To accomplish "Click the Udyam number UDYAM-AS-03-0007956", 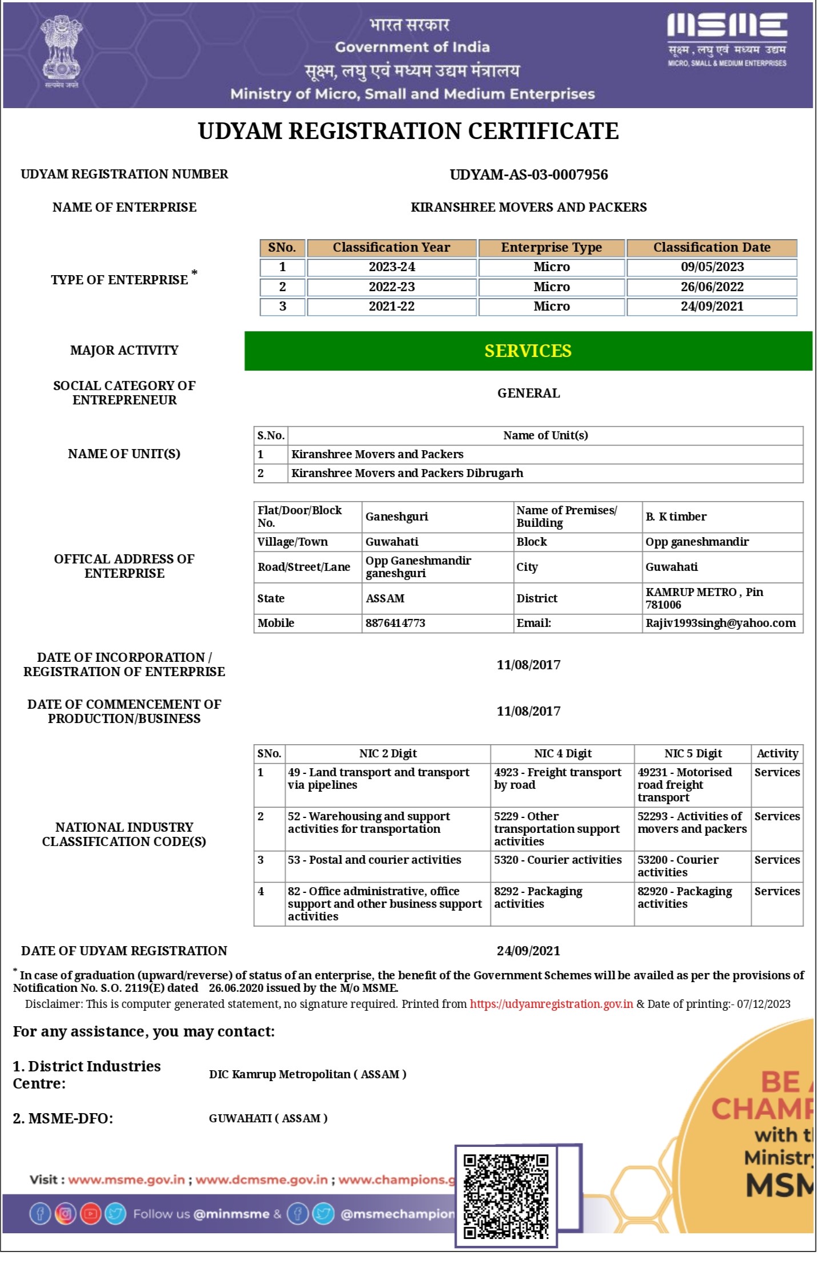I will coord(529,174).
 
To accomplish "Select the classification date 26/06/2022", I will coord(712,287).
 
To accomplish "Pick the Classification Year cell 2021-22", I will coord(391,307).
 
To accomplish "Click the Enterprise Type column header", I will coord(551,248).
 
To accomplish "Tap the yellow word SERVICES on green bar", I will coord(528,351).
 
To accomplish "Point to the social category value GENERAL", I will coord(528,393).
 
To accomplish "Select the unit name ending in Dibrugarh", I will coord(407,473).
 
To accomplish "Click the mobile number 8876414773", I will coord(395,623).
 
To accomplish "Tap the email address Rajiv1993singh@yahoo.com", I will coord(720,623).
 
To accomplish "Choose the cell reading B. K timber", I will coord(676,517).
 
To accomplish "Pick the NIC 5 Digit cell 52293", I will coord(692,823).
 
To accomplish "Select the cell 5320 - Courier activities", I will coord(557,860).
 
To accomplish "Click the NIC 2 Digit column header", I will coord(387,753).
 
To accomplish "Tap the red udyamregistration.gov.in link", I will coord(551,1004).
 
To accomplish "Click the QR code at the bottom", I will coord(506,1195).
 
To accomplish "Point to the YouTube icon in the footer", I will coord(90,1213).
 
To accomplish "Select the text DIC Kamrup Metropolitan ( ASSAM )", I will coord(307,1074).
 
